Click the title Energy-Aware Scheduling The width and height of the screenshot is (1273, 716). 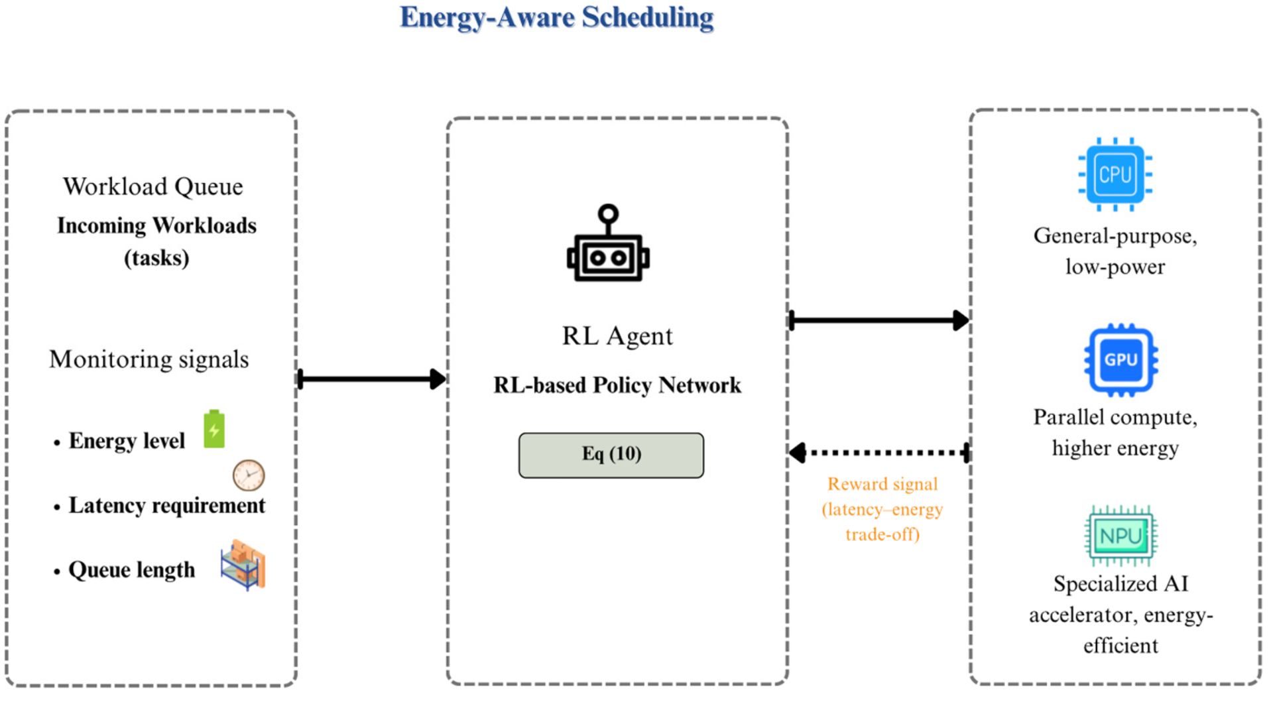pos(557,18)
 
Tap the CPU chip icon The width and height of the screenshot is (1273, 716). pos(1115,174)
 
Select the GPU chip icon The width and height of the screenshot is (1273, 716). pos(1121,360)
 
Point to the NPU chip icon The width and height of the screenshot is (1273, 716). pos(1121,536)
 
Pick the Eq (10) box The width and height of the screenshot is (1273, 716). pos(611,455)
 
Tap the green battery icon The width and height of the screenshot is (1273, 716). pos(214,429)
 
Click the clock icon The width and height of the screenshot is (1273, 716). pos(249,475)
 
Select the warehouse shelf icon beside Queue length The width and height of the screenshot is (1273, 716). pos(243,565)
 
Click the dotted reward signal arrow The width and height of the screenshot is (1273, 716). pos(879,453)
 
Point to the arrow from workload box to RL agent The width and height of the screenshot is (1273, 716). pos(372,379)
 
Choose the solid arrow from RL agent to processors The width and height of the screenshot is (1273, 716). pos(879,320)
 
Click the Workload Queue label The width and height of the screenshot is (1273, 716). pos(153,187)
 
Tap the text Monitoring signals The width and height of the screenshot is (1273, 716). pos(149,359)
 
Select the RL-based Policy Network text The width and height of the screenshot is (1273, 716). pos(617,385)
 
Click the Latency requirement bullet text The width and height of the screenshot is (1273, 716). pos(167,506)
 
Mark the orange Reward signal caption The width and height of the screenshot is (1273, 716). pos(882,509)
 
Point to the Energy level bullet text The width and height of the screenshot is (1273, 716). pos(127,441)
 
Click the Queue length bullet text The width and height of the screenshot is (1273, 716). pos(132,570)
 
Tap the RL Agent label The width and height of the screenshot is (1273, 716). pos(617,336)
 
